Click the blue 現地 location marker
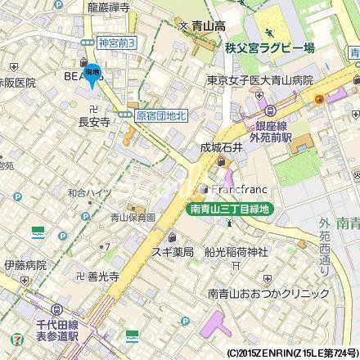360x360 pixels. [93, 74]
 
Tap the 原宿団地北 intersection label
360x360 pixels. [161, 116]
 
